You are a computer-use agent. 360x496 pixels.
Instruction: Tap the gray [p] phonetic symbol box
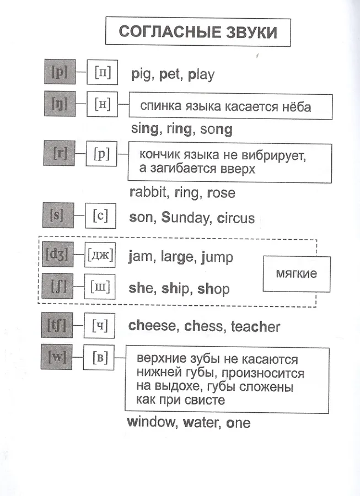point(58,72)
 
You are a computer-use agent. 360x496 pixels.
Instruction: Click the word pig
point(141,74)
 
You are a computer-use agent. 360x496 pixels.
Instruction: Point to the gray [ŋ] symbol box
point(58,103)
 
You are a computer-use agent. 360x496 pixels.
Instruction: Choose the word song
point(216,130)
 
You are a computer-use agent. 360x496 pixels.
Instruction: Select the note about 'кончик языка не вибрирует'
point(230,163)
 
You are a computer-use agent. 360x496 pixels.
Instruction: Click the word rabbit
point(148,192)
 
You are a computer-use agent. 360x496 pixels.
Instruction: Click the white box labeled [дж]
point(100,256)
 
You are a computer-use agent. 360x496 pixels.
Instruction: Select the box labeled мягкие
point(296,273)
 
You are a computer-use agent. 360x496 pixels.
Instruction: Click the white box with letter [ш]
point(100,287)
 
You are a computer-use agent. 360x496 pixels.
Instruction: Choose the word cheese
point(152,326)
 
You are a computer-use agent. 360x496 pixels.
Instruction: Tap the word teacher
point(255,326)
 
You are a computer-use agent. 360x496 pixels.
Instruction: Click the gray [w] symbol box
point(57,358)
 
